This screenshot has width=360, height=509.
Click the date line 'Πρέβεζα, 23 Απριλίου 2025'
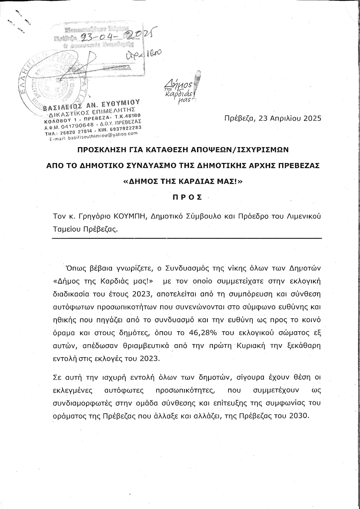(x=272, y=118)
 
